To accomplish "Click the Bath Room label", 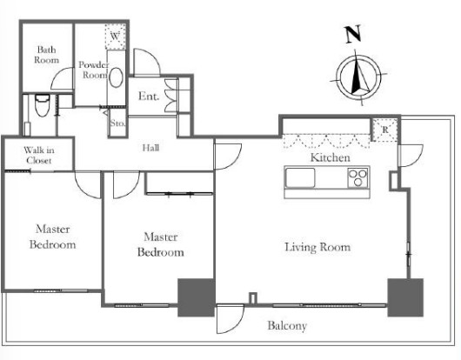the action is click(46, 55).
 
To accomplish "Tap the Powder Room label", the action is click(93, 70).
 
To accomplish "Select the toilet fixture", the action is click(43, 105).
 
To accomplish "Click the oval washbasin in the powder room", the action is click(116, 78).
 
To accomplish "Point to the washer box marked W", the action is click(115, 37).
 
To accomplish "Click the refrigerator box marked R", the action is click(385, 130).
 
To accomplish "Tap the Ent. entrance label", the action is click(149, 97).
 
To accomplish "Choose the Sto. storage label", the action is click(117, 123).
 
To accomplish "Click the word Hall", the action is click(150, 148).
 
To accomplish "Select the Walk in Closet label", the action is click(39, 155).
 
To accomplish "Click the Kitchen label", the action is click(331, 157).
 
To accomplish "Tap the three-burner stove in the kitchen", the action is click(357, 177).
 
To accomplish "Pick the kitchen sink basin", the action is click(300, 177).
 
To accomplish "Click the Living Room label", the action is click(317, 247).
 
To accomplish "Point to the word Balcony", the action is click(287, 325).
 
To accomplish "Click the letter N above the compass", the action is click(353, 34).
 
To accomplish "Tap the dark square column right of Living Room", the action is click(405, 297).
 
